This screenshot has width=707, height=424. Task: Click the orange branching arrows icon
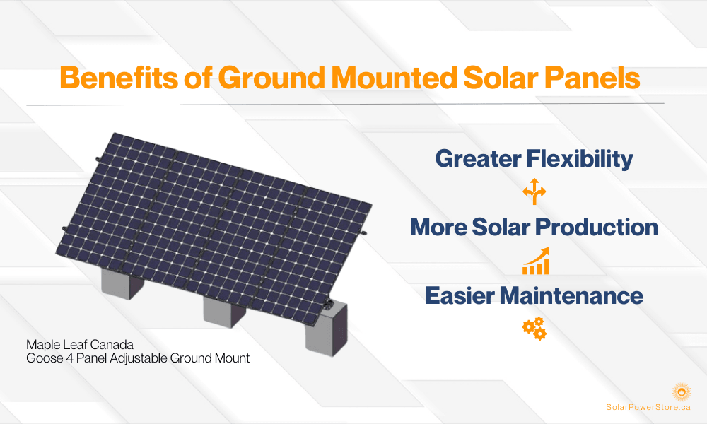534,192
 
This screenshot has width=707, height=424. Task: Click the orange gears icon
534,329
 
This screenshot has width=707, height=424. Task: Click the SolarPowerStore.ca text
648,407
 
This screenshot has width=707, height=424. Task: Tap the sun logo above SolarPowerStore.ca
682,391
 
